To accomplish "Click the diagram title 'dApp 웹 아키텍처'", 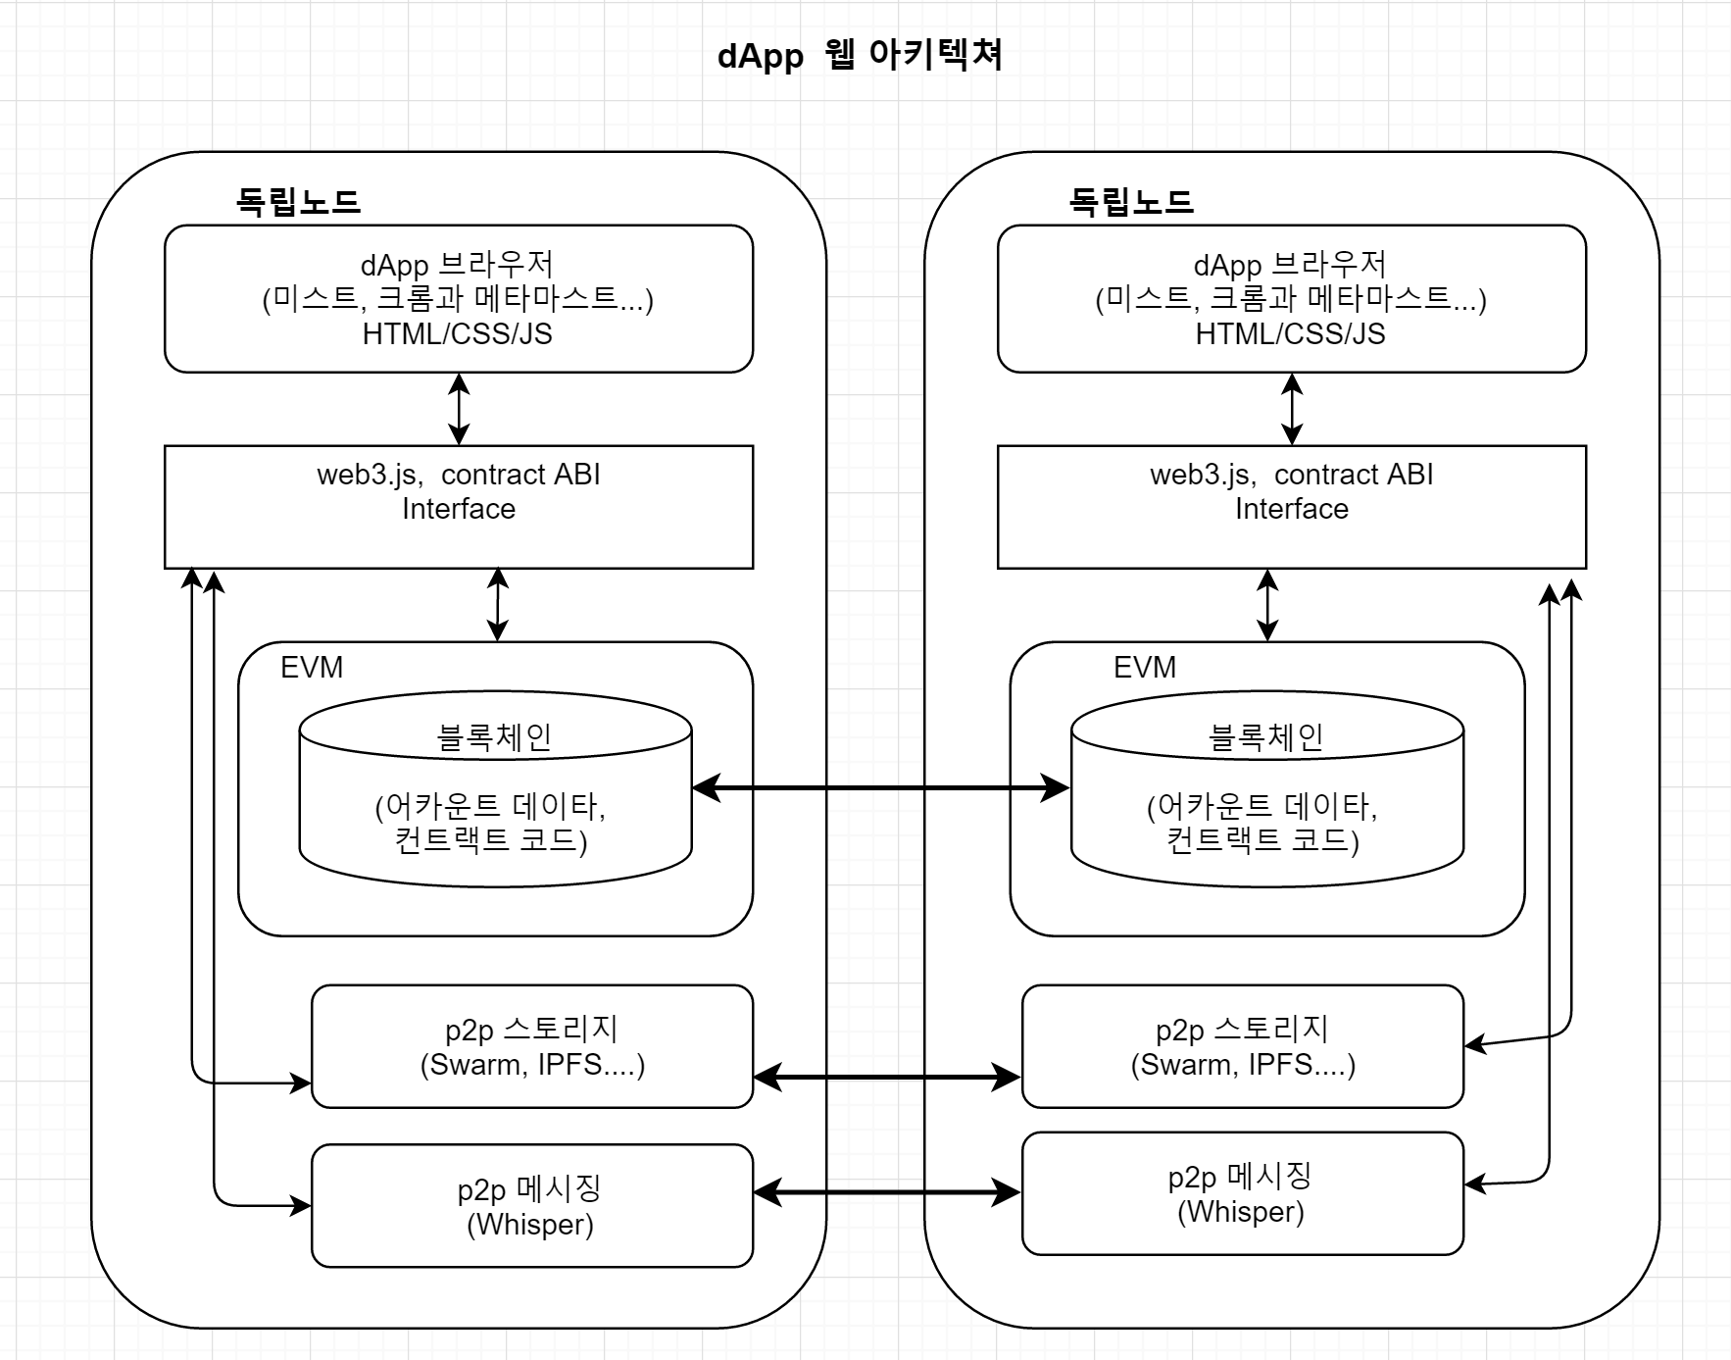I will pos(860,55).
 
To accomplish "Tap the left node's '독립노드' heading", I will pos(298,202).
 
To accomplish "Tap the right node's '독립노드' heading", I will pos(1131,202).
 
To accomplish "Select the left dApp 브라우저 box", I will pos(458,298).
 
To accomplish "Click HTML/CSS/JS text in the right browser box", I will pos(1290,334).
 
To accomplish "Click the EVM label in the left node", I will pos(312,668).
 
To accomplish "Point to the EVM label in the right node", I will pos(1145,668).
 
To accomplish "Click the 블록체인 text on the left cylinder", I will pos(495,737).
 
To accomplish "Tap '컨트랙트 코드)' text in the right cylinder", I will pos(1262,840).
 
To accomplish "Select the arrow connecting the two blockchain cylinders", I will pos(880,787).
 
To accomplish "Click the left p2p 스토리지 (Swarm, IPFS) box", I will pos(532,1046).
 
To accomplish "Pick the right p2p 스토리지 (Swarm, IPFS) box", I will pos(1242,1046).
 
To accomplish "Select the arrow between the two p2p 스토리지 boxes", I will pos(887,1077).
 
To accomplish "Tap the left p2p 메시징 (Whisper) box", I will pos(530,1206).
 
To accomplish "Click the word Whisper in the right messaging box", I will pos(1241,1213).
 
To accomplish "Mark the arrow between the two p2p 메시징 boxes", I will pos(887,1192).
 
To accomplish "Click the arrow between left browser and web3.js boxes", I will pos(459,409).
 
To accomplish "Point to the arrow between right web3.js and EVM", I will pos(1267,605).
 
